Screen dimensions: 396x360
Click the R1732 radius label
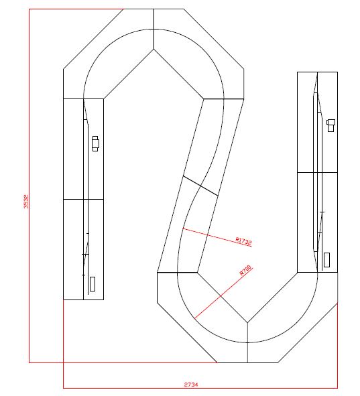click(243, 240)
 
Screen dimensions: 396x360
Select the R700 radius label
click(245, 271)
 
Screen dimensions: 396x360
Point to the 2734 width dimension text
click(191, 385)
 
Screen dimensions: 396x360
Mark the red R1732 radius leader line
click(208, 235)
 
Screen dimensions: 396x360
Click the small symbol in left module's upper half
click(95, 143)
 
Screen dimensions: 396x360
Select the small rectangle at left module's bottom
click(93, 283)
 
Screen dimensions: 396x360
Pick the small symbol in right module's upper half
click(330, 125)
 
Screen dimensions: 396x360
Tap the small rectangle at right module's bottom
click(326, 259)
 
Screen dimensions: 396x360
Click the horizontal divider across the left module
click(83, 199)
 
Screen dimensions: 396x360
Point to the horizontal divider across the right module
click(317, 172)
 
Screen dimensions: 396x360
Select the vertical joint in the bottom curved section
click(247, 342)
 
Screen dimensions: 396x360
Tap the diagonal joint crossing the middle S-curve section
click(200, 185)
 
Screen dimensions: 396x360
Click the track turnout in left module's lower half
click(85, 251)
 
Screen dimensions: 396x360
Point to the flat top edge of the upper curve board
click(154, 9)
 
